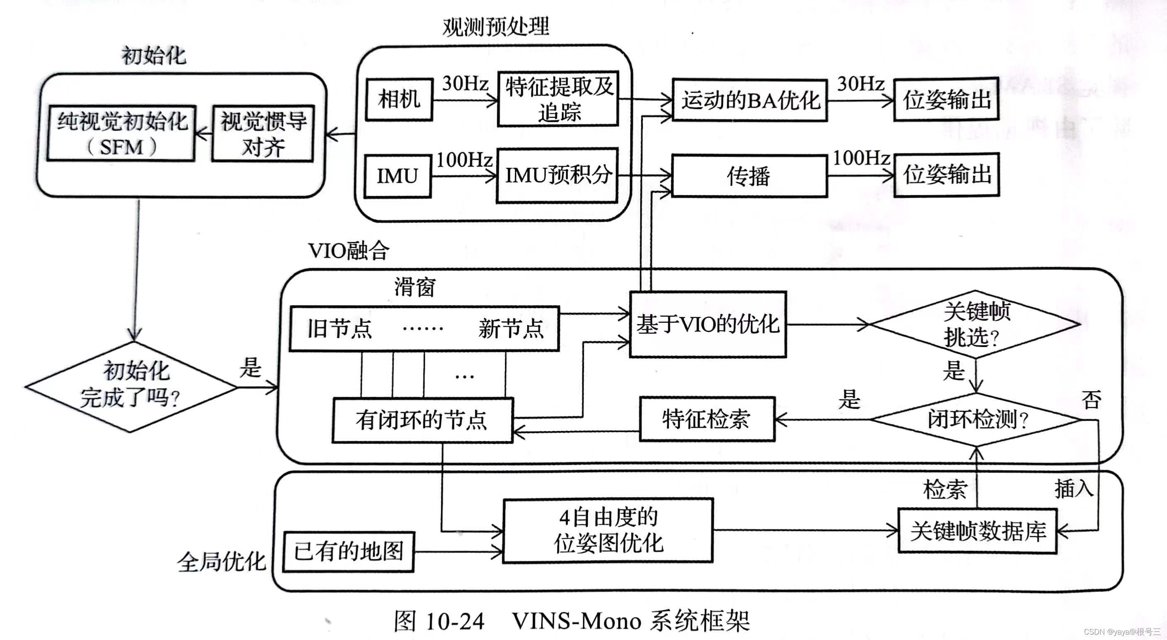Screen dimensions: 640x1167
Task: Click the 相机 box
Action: tap(399, 99)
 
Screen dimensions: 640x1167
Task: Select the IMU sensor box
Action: tap(397, 176)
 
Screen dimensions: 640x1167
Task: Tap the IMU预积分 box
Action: tap(557, 175)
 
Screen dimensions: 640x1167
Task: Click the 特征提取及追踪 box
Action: tap(558, 99)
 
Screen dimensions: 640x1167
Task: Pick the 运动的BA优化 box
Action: tap(750, 100)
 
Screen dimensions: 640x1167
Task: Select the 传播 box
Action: tap(749, 176)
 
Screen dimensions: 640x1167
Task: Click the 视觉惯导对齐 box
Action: tap(263, 133)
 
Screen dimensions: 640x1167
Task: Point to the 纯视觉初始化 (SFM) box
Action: tap(122, 133)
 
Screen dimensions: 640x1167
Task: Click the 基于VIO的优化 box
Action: tap(708, 325)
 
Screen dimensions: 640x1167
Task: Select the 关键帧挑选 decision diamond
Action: tap(975, 324)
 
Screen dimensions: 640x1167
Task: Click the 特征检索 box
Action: tap(707, 419)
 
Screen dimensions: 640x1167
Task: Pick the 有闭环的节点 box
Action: tap(422, 420)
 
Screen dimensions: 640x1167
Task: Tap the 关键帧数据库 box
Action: tap(978, 531)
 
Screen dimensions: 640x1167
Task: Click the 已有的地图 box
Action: tap(348, 552)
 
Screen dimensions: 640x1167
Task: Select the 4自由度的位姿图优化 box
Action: tap(608, 531)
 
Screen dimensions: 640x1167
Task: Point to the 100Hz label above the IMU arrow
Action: tap(464, 160)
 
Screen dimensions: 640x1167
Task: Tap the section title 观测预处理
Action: tap(495, 26)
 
